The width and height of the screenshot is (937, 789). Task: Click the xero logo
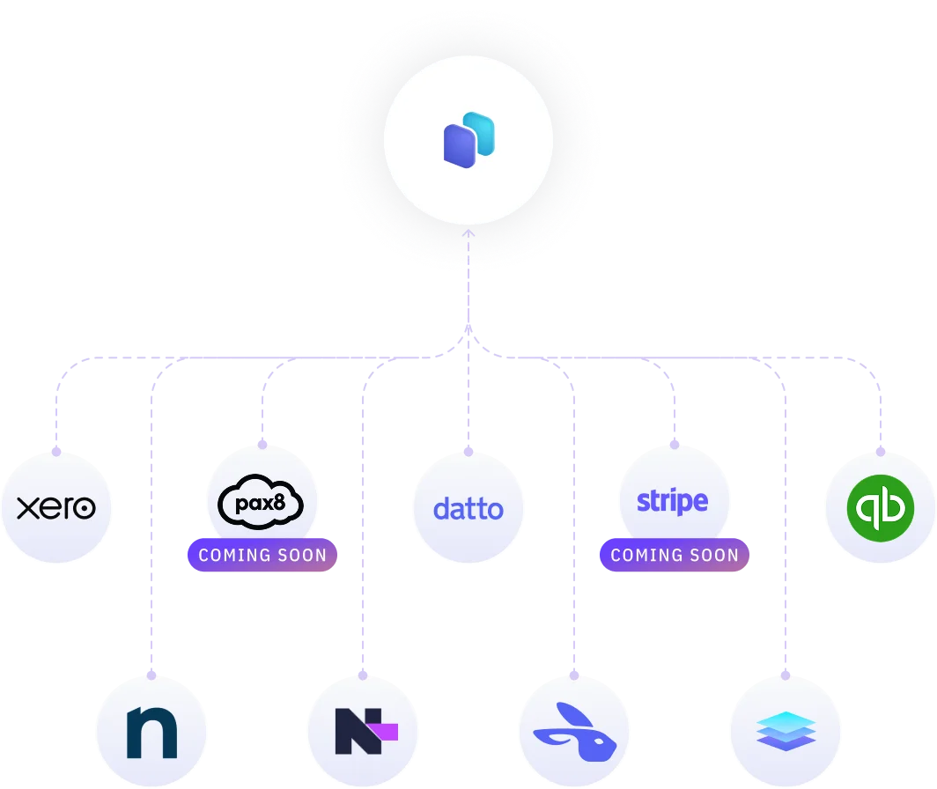[x=56, y=508]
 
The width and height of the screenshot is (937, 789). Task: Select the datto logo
[x=468, y=509]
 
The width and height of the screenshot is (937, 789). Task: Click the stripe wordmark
[x=673, y=501]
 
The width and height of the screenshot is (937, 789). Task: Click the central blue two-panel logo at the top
[x=468, y=140]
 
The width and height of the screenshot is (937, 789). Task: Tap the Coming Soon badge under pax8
[x=262, y=556]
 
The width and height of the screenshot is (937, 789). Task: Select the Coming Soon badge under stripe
[x=675, y=556]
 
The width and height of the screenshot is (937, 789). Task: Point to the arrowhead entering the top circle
[x=468, y=234]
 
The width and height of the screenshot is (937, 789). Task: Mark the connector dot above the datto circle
[x=468, y=449]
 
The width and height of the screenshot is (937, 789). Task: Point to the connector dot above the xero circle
[x=56, y=451]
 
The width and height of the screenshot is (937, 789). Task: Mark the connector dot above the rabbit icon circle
[x=574, y=675]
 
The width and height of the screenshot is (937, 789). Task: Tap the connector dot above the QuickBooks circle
[x=881, y=451]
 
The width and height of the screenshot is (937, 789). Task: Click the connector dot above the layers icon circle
[x=784, y=675]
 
